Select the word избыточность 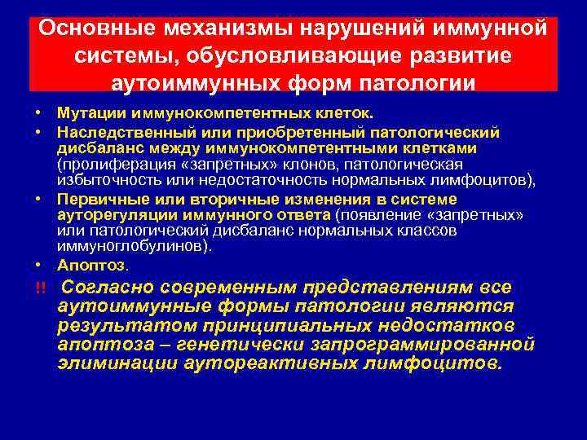105,181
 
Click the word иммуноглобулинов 117,246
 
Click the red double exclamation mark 38,288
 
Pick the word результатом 124,324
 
